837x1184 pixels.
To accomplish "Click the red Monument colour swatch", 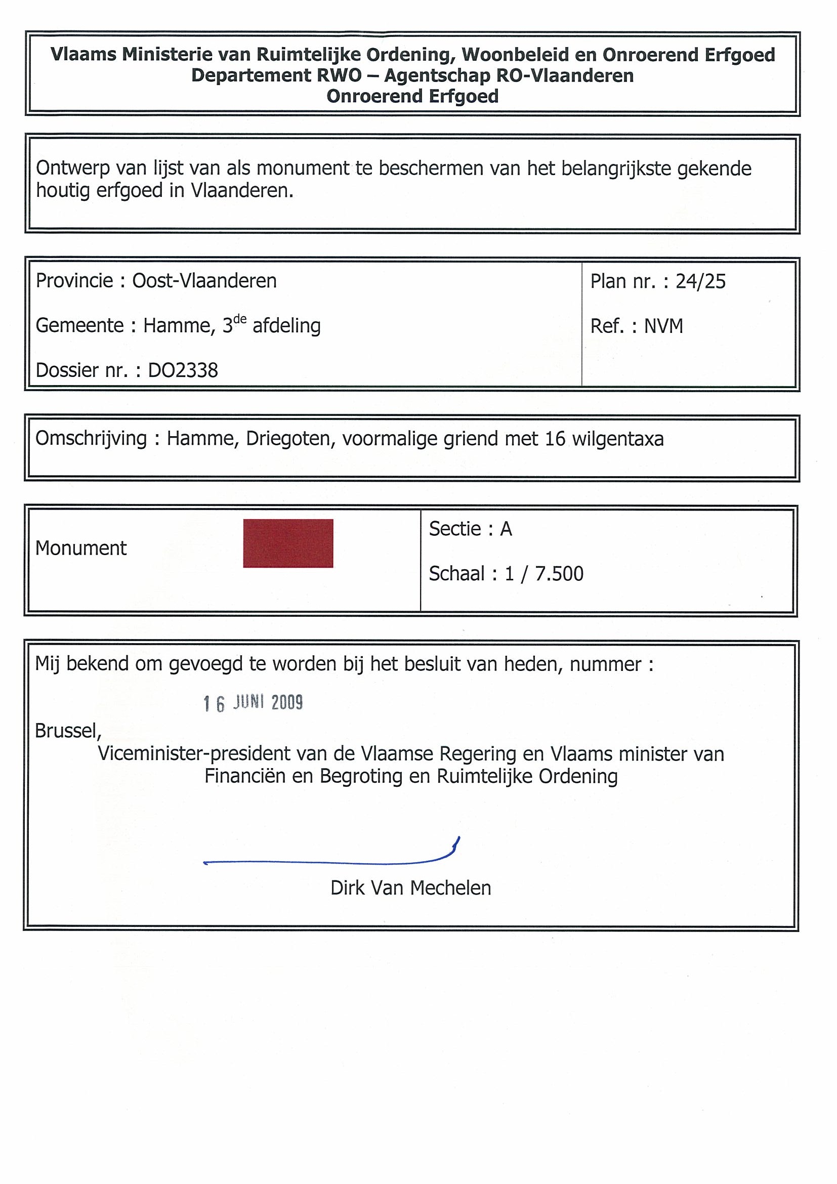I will pos(288,543).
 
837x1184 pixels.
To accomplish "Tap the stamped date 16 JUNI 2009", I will pos(253,703).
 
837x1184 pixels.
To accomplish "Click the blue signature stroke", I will pos(330,861).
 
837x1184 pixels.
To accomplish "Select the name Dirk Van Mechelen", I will pos(410,888).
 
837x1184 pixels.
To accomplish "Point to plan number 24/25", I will pos(700,281).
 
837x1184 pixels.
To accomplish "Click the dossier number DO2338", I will pos(183,370).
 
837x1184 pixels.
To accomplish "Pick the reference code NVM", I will pos(663,326).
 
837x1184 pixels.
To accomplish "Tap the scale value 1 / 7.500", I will pos(544,573).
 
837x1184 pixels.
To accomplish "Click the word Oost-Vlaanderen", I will pos(204,281).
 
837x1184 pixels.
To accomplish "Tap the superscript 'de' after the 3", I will pos(240,319).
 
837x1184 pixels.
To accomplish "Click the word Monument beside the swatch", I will pos(81,548).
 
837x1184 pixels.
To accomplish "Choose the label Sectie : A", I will pos(470,529).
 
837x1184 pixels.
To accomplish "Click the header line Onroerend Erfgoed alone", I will pos(412,97).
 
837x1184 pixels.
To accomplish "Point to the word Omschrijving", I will pos(91,438).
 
